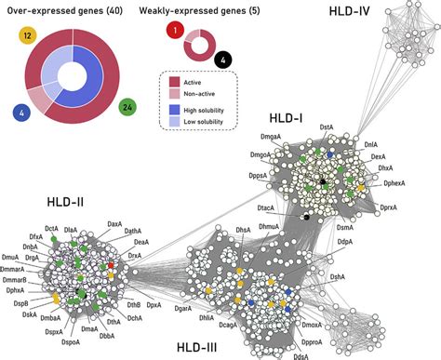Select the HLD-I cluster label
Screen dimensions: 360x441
[x=283, y=119]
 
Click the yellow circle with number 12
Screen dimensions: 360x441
[x=27, y=35]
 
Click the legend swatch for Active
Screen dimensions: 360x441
[x=174, y=81]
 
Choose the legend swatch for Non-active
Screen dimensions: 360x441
[x=174, y=93]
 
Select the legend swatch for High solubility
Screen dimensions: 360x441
[x=174, y=109]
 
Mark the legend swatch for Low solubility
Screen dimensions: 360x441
[x=174, y=121]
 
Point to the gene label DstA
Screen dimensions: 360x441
[x=327, y=126]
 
